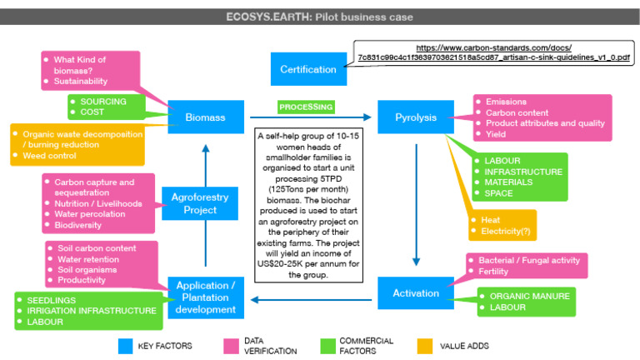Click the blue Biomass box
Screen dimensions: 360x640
point(205,117)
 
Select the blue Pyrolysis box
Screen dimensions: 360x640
point(415,117)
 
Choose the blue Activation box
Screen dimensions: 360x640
point(415,292)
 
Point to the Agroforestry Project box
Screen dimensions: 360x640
point(193,203)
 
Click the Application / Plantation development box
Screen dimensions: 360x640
point(205,298)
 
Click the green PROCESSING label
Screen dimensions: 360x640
point(306,107)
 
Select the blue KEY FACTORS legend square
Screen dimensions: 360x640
point(126,345)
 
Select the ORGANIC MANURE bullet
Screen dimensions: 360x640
point(530,296)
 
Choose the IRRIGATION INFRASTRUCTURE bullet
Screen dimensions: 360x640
point(92,311)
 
